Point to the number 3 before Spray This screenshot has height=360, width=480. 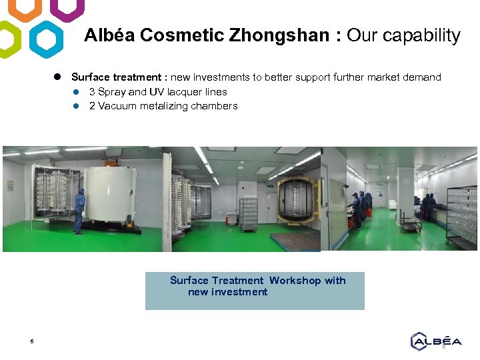92,92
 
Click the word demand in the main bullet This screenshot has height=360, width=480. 421,77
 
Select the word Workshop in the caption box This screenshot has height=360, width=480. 295,281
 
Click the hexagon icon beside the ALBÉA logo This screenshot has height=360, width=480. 418,341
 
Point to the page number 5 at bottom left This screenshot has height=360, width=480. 31,343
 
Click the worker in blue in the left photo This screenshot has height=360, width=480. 79,209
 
